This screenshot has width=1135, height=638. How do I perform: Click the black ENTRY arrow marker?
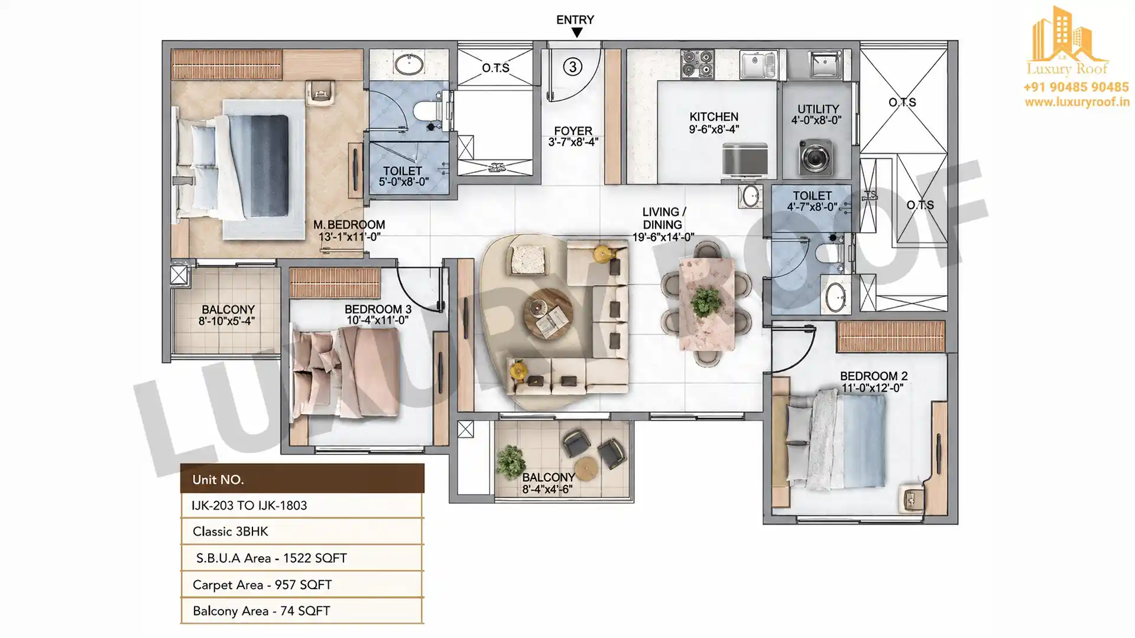coord(576,33)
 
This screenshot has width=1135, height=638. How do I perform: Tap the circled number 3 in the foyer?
coord(572,67)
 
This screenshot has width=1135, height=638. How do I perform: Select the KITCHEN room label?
coord(714,117)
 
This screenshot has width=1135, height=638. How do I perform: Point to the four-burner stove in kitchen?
coord(698,64)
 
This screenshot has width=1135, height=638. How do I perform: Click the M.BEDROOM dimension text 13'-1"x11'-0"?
coord(349,237)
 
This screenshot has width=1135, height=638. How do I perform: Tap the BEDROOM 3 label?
coord(378,309)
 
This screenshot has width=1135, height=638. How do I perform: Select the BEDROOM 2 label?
coord(874,376)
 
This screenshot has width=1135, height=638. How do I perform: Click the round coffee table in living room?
coord(547,313)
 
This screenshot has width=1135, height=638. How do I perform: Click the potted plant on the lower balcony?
coord(510,461)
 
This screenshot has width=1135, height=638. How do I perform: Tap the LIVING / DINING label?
coord(662,218)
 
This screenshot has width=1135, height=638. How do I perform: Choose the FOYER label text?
coord(573,131)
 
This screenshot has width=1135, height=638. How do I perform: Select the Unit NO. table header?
coord(302,479)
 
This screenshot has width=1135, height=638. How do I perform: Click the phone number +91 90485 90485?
coord(1076,87)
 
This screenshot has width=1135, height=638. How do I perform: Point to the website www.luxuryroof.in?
coord(1077,102)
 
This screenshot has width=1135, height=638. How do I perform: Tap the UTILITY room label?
coord(818,109)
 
